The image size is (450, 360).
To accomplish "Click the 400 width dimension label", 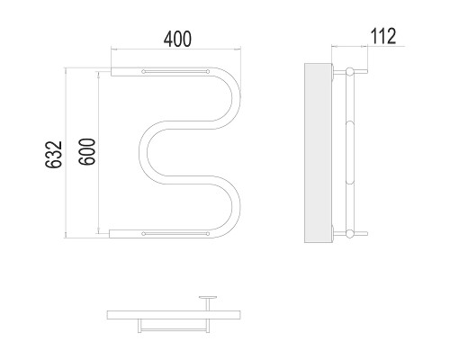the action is tap(177, 39).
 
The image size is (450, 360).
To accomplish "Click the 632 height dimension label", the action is tap(53, 154).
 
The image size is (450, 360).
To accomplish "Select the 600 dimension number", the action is tap(87, 151).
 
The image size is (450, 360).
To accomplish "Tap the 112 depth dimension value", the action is tap(383, 36).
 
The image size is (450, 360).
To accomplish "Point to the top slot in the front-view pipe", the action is tap(175, 71).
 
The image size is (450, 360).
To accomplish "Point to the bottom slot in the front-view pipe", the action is tap(175, 233).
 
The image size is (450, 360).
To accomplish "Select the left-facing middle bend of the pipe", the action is tap(143, 152).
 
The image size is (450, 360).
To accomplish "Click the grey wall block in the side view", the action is tap(318, 153).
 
